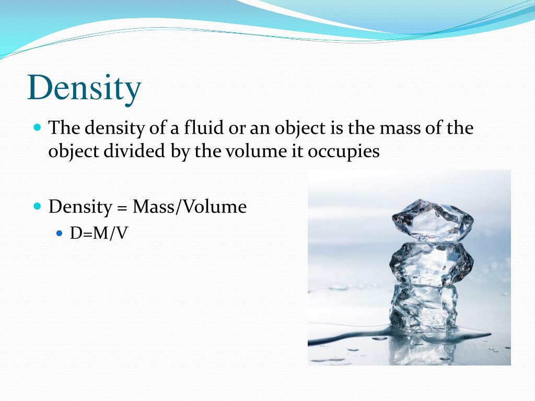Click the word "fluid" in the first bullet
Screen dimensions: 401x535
coord(203,128)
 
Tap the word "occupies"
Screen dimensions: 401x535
coord(344,151)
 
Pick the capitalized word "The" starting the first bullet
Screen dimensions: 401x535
coord(64,128)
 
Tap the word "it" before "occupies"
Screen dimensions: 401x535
coord(298,151)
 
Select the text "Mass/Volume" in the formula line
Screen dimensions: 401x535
coord(189,207)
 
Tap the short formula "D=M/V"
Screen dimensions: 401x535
coord(99,233)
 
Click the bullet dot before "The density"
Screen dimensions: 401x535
coord(37,127)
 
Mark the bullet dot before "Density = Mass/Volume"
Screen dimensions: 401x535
coord(37,206)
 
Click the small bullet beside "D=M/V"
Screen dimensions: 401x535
coord(59,232)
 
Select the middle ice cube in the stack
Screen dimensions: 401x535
coord(431,264)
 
